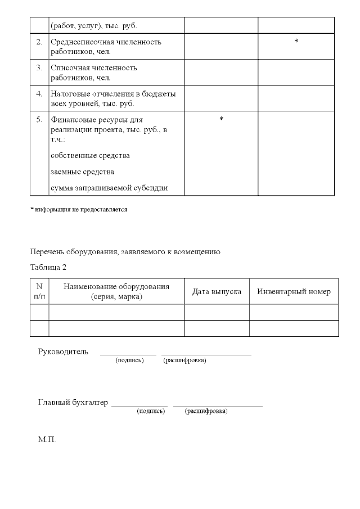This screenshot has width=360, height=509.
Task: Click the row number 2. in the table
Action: click(x=39, y=42)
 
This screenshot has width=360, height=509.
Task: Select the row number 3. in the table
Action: click(x=39, y=68)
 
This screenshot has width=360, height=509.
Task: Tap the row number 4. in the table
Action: click(x=39, y=94)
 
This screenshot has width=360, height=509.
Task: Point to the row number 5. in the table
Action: click(x=39, y=120)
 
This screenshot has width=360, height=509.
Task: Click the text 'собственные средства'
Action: click(x=91, y=155)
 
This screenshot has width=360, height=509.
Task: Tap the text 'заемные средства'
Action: click(x=83, y=172)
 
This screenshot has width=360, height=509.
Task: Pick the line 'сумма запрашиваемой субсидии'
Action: click(x=109, y=188)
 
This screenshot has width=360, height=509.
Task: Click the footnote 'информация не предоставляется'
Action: click(x=79, y=210)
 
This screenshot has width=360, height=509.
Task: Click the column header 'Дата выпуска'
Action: click(x=217, y=291)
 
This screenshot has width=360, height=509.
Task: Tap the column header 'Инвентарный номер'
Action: click(x=294, y=291)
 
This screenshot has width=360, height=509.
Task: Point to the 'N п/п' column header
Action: click(x=39, y=291)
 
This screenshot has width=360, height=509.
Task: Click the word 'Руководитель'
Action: click(x=63, y=352)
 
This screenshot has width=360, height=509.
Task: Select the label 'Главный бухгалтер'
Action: click(x=73, y=403)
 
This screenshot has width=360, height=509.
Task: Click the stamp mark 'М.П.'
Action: click(x=47, y=439)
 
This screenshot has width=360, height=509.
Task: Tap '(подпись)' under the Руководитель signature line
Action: click(x=129, y=360)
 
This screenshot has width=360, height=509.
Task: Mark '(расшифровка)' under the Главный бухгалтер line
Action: click(x=206, y=411)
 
